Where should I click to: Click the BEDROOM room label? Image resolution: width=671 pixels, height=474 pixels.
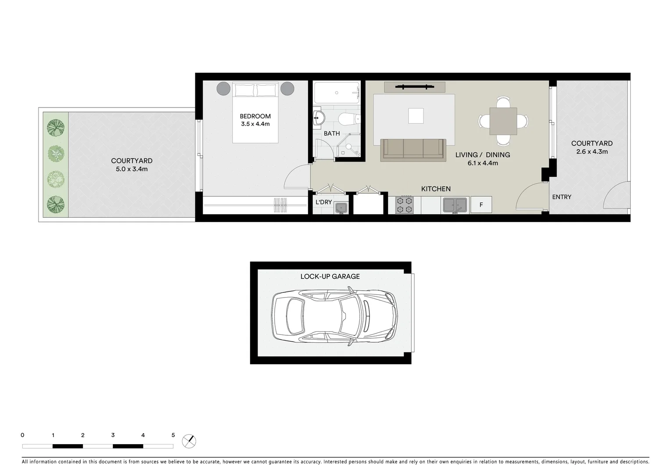pyautogui.click(x=255, y=116)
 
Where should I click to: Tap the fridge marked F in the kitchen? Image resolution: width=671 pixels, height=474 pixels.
pyautogui.click(x=481, y=205)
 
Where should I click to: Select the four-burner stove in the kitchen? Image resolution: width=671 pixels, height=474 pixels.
pyautogui.click(x=404, y=205)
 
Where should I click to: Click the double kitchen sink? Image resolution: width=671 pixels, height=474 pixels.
pyautogui.click(x=455, y=205)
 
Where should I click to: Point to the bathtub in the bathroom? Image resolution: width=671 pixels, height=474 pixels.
pyautogui.click(x=337, y=93)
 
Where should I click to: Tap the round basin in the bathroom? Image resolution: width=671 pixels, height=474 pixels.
pyautogui.click(x=319, y=118)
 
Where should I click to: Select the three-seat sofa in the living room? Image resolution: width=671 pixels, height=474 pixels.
pyautogui.click(x=413, y=149)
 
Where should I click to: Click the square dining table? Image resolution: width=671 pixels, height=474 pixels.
pyautogui.click(x=503, y=121)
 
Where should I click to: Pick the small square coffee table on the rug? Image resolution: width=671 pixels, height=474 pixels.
pyautogui.click(x=416, y=116)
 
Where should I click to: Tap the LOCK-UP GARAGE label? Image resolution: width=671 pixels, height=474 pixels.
pyautogui.click(x=330, y=276)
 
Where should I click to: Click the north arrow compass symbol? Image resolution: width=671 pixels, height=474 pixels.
pyautogui.click(x=189, y=441)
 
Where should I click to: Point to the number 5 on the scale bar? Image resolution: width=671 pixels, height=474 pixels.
pyautogui.click(x=173, y=435)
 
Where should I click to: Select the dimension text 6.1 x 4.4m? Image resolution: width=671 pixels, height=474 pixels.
pyautogui.click(x=483, y=163)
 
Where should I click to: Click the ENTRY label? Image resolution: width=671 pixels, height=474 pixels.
pyautogui.click(x=562, y=197)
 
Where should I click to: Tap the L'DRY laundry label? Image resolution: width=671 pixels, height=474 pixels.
pyautogui.click(x=324, y=202)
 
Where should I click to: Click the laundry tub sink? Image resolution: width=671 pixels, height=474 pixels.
pyautogui.click(x=341, y=208)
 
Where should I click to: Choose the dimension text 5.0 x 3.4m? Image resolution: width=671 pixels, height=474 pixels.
pyautogui.click(x=132, y=169)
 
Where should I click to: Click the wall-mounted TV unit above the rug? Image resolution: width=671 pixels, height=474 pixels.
pyautogui.click(x=415, y=87)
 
